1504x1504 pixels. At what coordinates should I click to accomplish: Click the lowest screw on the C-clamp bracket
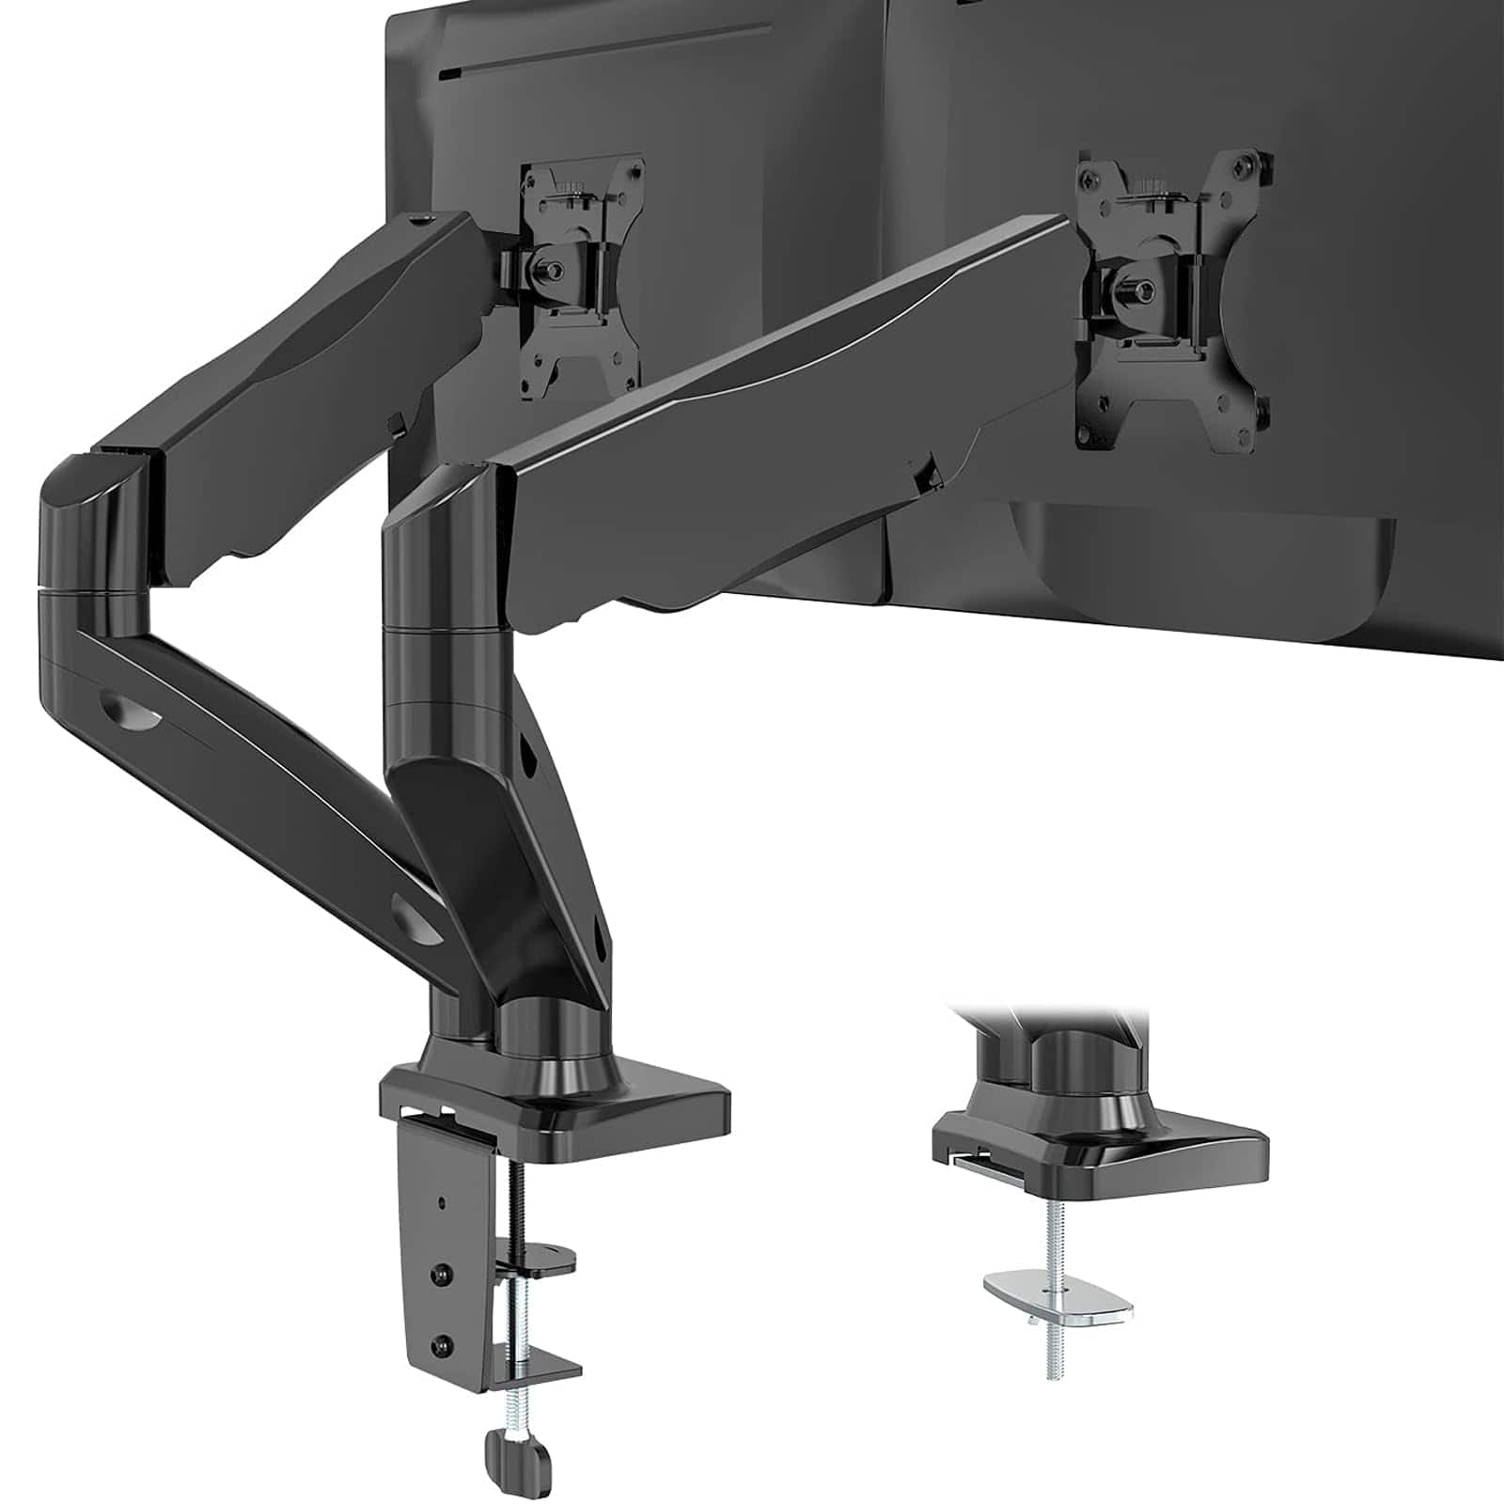(x=439, y=1345)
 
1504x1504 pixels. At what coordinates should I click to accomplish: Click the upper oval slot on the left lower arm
(x=132, y=710)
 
